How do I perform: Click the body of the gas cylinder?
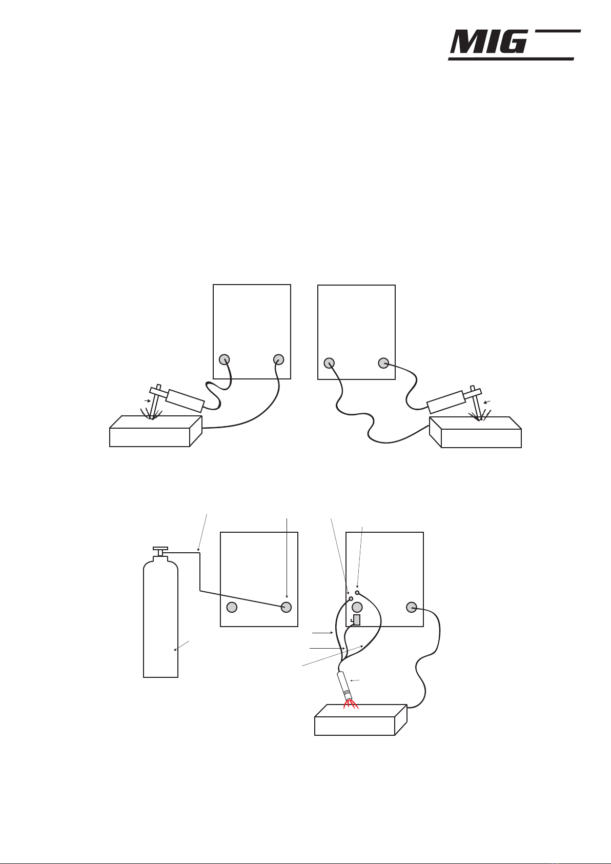(x=160, y=619)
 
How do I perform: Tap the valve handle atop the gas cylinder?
(x=160, y=549)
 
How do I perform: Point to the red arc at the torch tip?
(x=351, y=705)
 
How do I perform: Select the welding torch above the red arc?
(x=344, y=687)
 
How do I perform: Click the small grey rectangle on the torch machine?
(x=357, y=620)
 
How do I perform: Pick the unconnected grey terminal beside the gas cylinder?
(x=231, y=607)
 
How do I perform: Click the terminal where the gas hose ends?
(x=286, y=607)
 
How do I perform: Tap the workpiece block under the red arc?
(x=360, y=720)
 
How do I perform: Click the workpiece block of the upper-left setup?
(x=156, y=431)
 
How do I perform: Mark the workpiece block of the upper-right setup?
(x=476, y=432)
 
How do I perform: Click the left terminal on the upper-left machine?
(x=225, y=359)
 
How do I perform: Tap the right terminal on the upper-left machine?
(x=278, y=359)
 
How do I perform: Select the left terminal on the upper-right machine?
(x=329, y=363)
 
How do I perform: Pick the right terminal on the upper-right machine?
(x=383, y=363)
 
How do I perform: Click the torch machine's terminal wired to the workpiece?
(x=411, y=607)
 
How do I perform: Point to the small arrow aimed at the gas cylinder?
(x=181, y=646)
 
